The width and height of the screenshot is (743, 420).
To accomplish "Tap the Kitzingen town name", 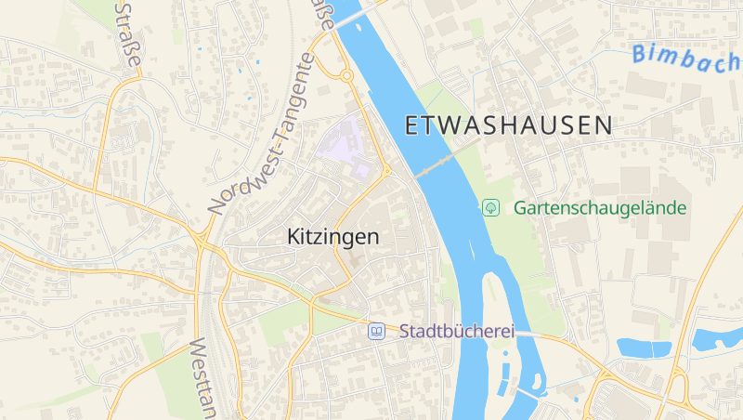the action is click(333, 237).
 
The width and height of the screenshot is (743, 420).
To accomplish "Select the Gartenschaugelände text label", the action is click(600, 207).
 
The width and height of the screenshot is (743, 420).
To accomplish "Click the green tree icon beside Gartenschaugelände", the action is click(490, 207).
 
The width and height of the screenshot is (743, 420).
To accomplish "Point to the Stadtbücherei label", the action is click(443, 331).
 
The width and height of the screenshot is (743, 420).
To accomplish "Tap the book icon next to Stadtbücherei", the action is click(376, 331).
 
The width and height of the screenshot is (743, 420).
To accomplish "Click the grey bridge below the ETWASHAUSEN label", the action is click(435, 166).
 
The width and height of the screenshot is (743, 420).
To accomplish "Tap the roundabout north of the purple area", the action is click(345, 75).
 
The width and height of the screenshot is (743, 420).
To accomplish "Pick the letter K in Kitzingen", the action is click(293, 237).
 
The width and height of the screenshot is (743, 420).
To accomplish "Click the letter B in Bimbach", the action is click(639, 54).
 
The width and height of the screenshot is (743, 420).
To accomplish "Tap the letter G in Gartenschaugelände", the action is click(520, 207).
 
